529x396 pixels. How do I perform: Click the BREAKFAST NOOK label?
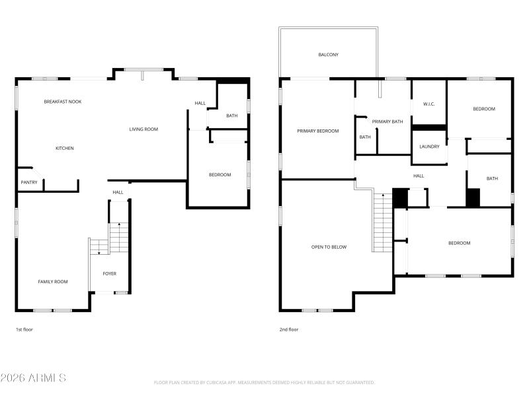click(62, 102)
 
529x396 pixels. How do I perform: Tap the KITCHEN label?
click(64, 148)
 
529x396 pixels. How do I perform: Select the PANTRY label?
click(28, 182)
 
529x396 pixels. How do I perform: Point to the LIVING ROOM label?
click(143, 129)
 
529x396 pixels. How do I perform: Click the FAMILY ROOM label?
click(53, 282)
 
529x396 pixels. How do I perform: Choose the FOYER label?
click(109, 273)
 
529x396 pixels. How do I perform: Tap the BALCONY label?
click(328, 55)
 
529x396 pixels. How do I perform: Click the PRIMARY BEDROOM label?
click(317, 131)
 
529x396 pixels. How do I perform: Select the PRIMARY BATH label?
click(387, 121)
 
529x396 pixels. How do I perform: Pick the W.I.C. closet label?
click(428, 104)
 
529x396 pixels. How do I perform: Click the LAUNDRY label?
click(429, 147)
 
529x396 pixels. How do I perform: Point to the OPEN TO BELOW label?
click(329, 247)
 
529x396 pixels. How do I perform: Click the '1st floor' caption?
click(24, 329)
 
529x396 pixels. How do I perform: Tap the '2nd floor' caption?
click(288, 329)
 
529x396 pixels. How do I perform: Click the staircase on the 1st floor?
click(118, 238)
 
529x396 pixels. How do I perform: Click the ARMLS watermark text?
click(33, 378)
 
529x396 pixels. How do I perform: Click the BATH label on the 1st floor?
click(231, 116)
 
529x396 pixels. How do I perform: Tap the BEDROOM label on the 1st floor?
click(220, 175)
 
